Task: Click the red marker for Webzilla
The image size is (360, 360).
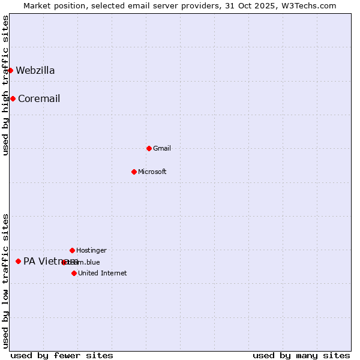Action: coord(10,70)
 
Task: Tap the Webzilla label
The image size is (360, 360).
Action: coord(35,71)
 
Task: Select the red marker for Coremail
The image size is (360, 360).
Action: coord(13,98)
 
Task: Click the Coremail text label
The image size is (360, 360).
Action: coord(39,99)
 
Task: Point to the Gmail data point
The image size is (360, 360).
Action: coord(149,148)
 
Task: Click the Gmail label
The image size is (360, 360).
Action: coord(162,148)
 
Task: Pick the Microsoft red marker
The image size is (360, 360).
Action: coord(134,172)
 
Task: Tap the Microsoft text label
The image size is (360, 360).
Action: coord(152,172)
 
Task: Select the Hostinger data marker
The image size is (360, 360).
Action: coord(72,250)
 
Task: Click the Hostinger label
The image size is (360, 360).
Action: coord(91,250)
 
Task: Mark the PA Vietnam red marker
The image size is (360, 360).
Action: coord(18,261)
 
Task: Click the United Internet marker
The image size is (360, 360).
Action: coord(74,273)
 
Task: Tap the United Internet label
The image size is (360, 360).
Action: coord(103,274)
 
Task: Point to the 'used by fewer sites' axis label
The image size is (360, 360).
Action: coord(62,355)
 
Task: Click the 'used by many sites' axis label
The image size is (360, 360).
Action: coord(301,355)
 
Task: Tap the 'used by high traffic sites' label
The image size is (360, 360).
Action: coord(5,85)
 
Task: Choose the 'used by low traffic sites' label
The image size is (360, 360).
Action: coord(5,281)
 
